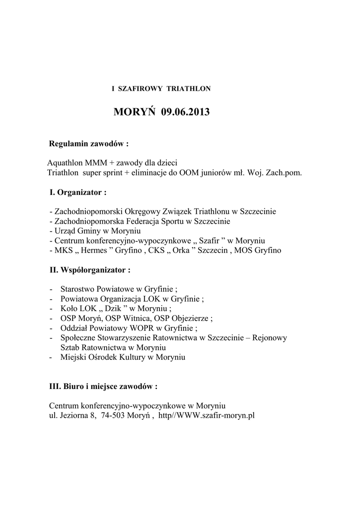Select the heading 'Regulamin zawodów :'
click(x=88, y=144)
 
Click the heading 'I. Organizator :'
click(x=77, y=191)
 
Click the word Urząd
click(x=65, y=231)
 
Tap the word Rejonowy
click(x=270, y=338)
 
